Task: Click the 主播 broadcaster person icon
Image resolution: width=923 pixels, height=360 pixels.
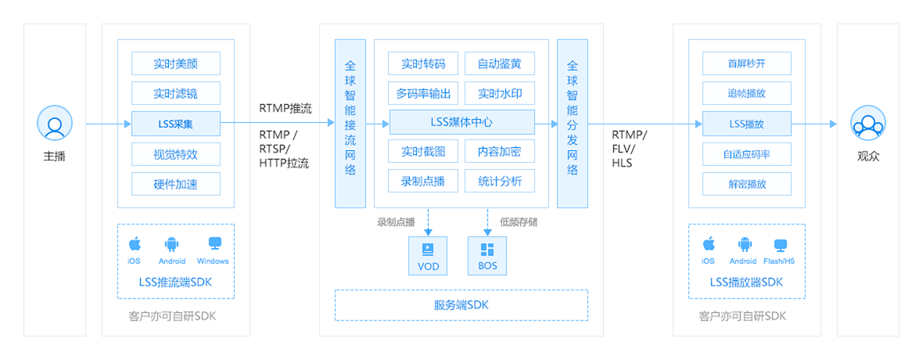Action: pos(54,124)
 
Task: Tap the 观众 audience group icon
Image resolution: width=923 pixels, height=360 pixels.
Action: pos(867,124)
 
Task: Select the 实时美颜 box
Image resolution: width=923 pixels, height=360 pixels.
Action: pos(176,63)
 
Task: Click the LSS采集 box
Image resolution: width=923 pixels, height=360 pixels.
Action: pos(176,124)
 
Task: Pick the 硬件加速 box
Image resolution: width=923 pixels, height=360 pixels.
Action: pos(176,184)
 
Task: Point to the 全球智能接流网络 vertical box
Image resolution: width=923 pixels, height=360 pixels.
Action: pos(350,123)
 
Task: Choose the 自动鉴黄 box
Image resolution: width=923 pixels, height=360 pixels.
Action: pos(500,63)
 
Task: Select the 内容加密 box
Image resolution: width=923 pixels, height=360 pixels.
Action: pos(500,151)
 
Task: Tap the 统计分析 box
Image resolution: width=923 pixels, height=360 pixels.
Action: pos(500,181)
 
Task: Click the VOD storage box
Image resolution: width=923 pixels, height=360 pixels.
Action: pos(428,256)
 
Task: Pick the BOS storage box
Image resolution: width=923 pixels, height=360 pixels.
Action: pos(487,256)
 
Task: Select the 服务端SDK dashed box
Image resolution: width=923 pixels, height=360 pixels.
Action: pos(461,305)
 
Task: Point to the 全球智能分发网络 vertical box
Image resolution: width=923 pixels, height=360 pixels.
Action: pos(572,123)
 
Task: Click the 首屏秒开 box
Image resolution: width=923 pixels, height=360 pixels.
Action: pos(747,63)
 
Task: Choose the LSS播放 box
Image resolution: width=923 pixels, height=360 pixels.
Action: pos(747,124)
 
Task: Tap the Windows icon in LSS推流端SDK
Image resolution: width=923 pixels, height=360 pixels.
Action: pos(213,243)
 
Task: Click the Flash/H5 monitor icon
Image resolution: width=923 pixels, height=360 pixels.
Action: pos(780,244)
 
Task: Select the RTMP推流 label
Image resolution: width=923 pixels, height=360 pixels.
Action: pos(286,109)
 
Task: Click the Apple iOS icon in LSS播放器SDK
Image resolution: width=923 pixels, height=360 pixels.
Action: pos(709,243)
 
